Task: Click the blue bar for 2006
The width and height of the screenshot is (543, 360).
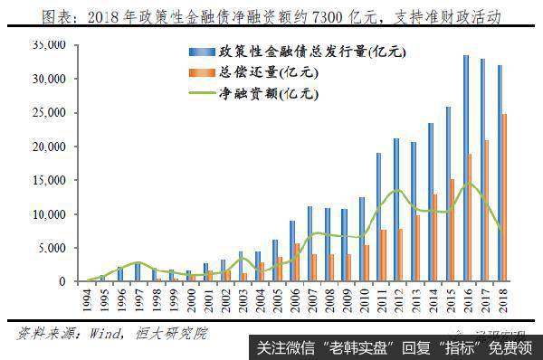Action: tap(291, 251)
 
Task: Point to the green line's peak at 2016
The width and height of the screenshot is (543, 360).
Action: tap(469, 184)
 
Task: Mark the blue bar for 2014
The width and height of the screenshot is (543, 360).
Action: tap(431, 202)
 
